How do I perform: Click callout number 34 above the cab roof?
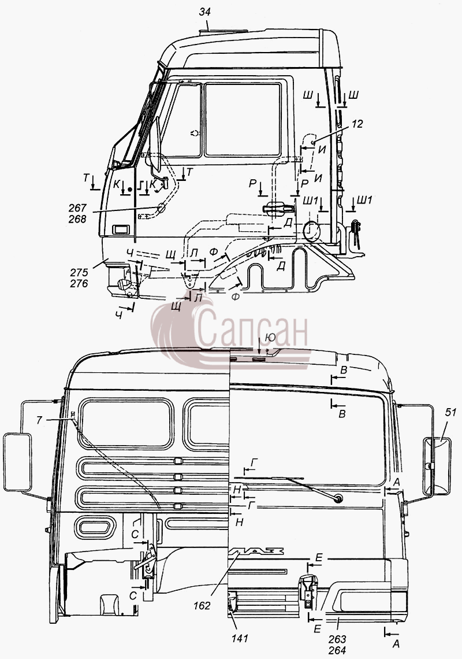pyautogui.click(x=204, y=12)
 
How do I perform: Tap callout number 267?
pyautogui.click(x=78, y=208)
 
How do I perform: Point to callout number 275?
pyautogui.click(x=79, y=272)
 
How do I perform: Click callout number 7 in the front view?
pyautogui.click(x=39, y=420)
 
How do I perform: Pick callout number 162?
pyautogui.click(x=202, y=606)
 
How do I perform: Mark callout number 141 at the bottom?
pyautogui.click(x=240, y=638)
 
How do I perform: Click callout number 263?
pyautogui.click(x=338, y=639)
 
